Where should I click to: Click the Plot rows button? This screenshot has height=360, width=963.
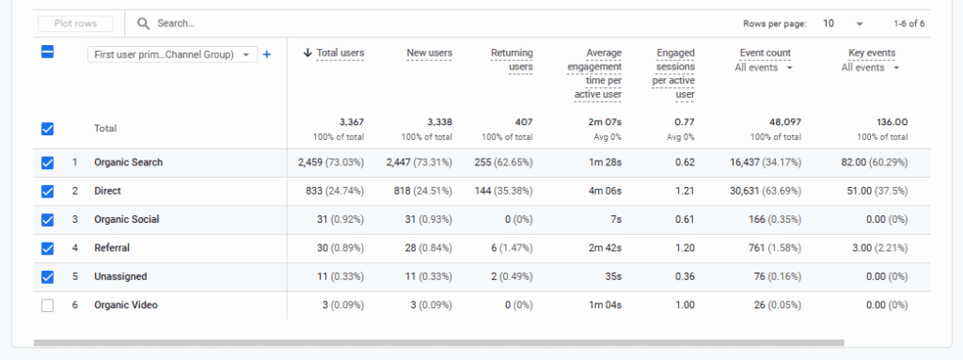[75, 23]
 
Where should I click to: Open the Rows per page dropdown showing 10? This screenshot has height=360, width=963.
[843, 23]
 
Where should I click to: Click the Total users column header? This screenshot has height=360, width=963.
[339, 53]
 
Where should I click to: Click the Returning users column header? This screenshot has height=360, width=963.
[512, 59]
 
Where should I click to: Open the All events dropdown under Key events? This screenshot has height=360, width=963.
[870, 68]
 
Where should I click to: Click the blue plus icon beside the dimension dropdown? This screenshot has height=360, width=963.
[267, 55]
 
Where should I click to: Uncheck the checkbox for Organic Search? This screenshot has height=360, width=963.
[48, 163]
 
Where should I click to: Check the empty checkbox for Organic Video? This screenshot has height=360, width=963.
[48, 305]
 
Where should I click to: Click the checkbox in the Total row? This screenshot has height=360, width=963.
[48, 129]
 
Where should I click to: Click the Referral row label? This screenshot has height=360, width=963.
[111, 248]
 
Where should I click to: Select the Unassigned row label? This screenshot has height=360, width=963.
[120, 276]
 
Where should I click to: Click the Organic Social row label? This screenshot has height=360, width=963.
[126, 220]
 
